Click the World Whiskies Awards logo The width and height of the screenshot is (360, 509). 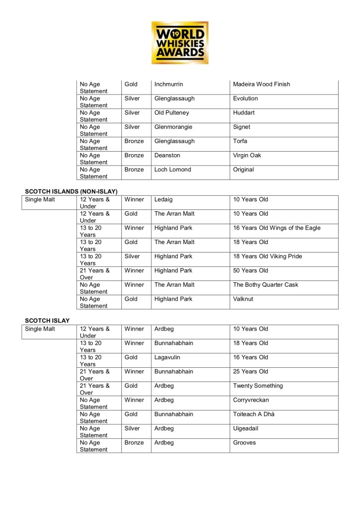[180, 42]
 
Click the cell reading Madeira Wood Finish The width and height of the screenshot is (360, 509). [262, 85]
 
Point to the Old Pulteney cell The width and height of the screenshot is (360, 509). [172, 113]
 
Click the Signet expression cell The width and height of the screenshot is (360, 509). [242, 127]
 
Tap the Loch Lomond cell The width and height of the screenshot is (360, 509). [173, 170]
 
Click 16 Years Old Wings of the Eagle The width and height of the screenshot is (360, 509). [277, 228]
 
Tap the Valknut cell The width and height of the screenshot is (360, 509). [244, 299]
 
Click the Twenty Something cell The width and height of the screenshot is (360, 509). [258, 386]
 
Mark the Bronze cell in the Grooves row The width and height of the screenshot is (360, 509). [134, 442]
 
